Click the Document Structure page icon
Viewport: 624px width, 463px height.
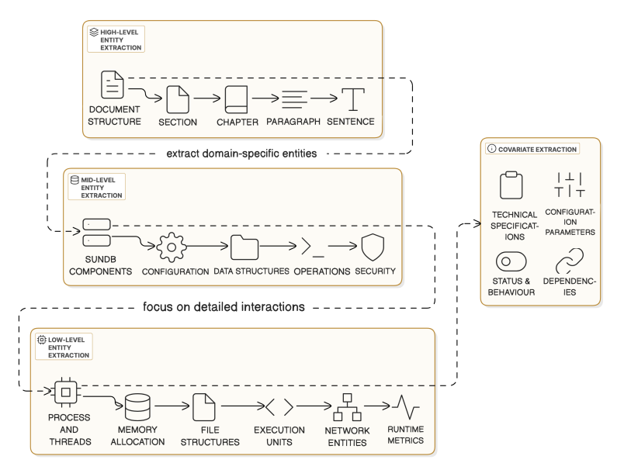point(113,84)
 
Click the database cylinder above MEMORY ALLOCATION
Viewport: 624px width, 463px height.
point(137,406)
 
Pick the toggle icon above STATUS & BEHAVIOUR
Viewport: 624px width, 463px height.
point(510,259)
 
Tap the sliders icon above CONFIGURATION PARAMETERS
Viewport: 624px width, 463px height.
point(570,185)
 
